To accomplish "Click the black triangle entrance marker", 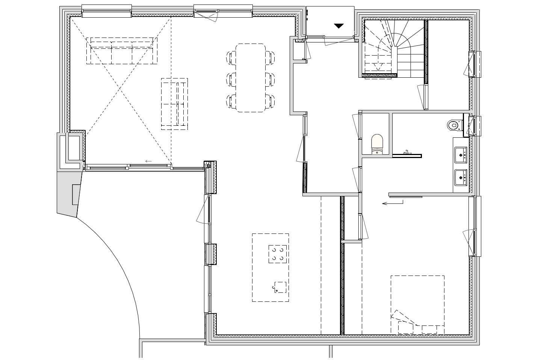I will (x=339, y=26).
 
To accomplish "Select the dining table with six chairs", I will (x=251, y=78).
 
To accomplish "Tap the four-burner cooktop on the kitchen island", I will (x=278, y=254).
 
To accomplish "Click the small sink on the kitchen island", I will (x=280, y=287).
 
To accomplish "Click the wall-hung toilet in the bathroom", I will (x=454, y=124).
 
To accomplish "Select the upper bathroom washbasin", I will (x=460, y=154).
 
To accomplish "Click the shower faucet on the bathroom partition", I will (x=407, y=152).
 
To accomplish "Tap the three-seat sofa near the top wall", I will (x=122, y=50).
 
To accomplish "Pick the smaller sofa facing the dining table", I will (x=175, y=104).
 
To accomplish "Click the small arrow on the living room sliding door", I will (x=148, y=161).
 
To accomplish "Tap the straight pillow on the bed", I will (x=429, y=329).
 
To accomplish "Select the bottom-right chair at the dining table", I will (x=270, y=100).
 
